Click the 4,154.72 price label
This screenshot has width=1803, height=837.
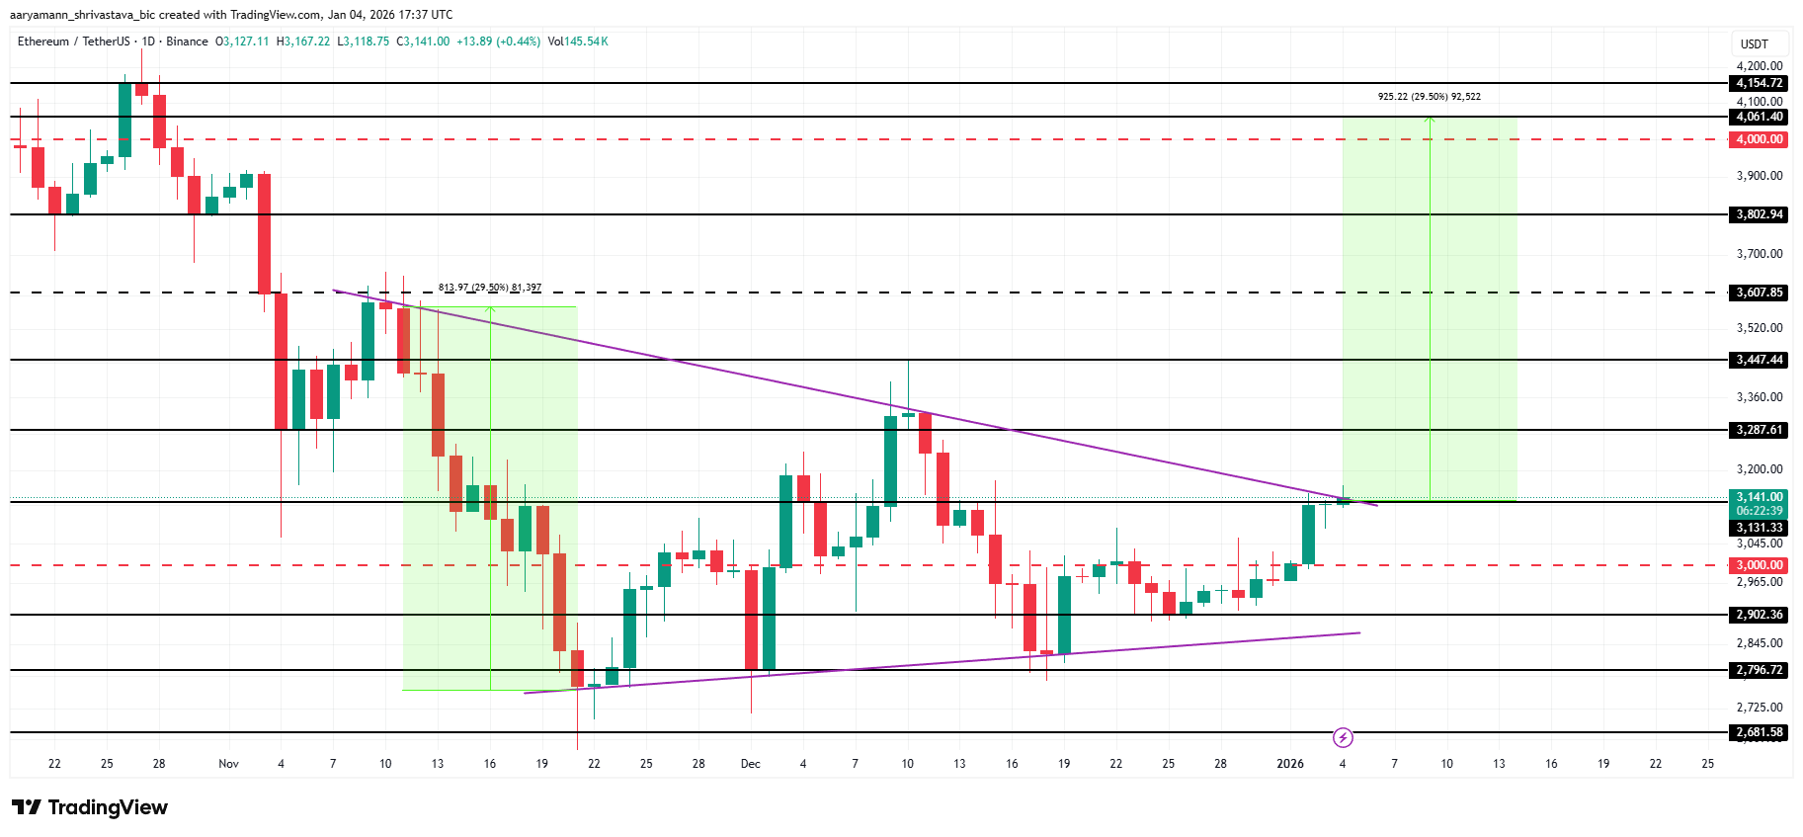pyautogui.click(x=1760, y=83)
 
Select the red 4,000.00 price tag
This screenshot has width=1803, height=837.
pyautogui.click(x=1760, y=139)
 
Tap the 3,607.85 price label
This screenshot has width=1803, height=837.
pyautogui.click(x=1760, y=293)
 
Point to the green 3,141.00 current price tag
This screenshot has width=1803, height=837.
pyautogui.click(x=1760, y=498)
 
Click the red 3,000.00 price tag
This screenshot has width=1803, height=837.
pyautogui.click(x=1760, y=565)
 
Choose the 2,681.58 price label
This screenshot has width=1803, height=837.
pyautogui.click(x=1760, y=732)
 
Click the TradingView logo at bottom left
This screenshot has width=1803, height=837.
pyautogui.click(x=90, y=807)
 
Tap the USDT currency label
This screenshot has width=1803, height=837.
pyautogui.click(x=1754, y=44)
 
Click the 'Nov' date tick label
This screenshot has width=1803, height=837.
pyautogui.click(x=228, y=764)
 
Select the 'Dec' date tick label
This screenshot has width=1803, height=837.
pyautogui.click(x=751, y=764)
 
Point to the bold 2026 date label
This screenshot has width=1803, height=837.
pyautogui.click(x=1290, y=764)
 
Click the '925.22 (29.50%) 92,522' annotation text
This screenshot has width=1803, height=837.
pyautogui.click(x=1429, y=97)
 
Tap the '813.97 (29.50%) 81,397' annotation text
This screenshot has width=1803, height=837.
pyautogui.click(x=490, y=288)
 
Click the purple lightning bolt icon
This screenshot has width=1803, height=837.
pyautogui.click(x=1343, y=737)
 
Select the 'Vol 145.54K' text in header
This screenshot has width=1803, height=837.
pyautogui.click(x=578, y=42)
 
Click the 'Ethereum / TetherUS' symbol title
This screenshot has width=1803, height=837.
pyautogui.click(x=73, y=42)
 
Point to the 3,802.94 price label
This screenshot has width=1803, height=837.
pyautogui.click(x=1760, y=214)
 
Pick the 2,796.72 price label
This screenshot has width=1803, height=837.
pyautogui.click(x=1760, y=670)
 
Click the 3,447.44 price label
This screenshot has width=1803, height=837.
pyautogui.click(x=1760, y=360)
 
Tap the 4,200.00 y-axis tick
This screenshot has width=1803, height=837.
pyautogui.click(x=1760, y=66)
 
